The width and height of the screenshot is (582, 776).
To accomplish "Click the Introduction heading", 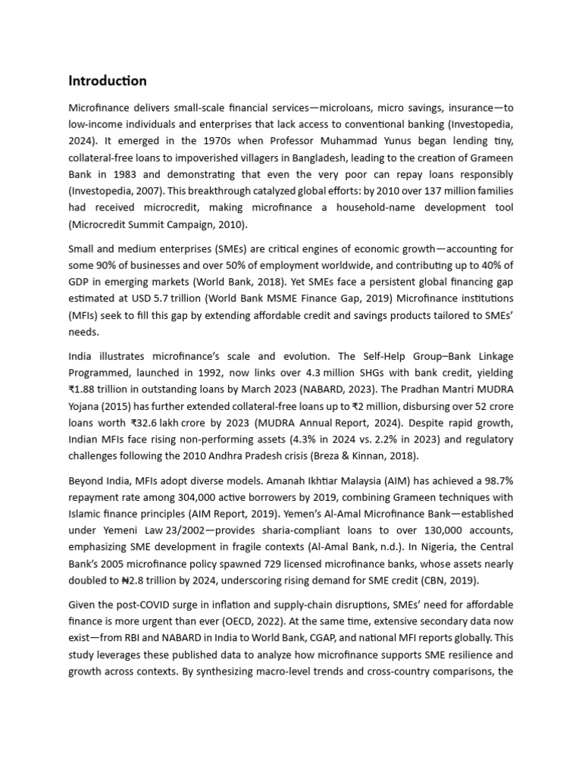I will click(x=108, y=81).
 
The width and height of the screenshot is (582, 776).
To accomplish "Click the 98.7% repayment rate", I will click(x=496, y=480).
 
